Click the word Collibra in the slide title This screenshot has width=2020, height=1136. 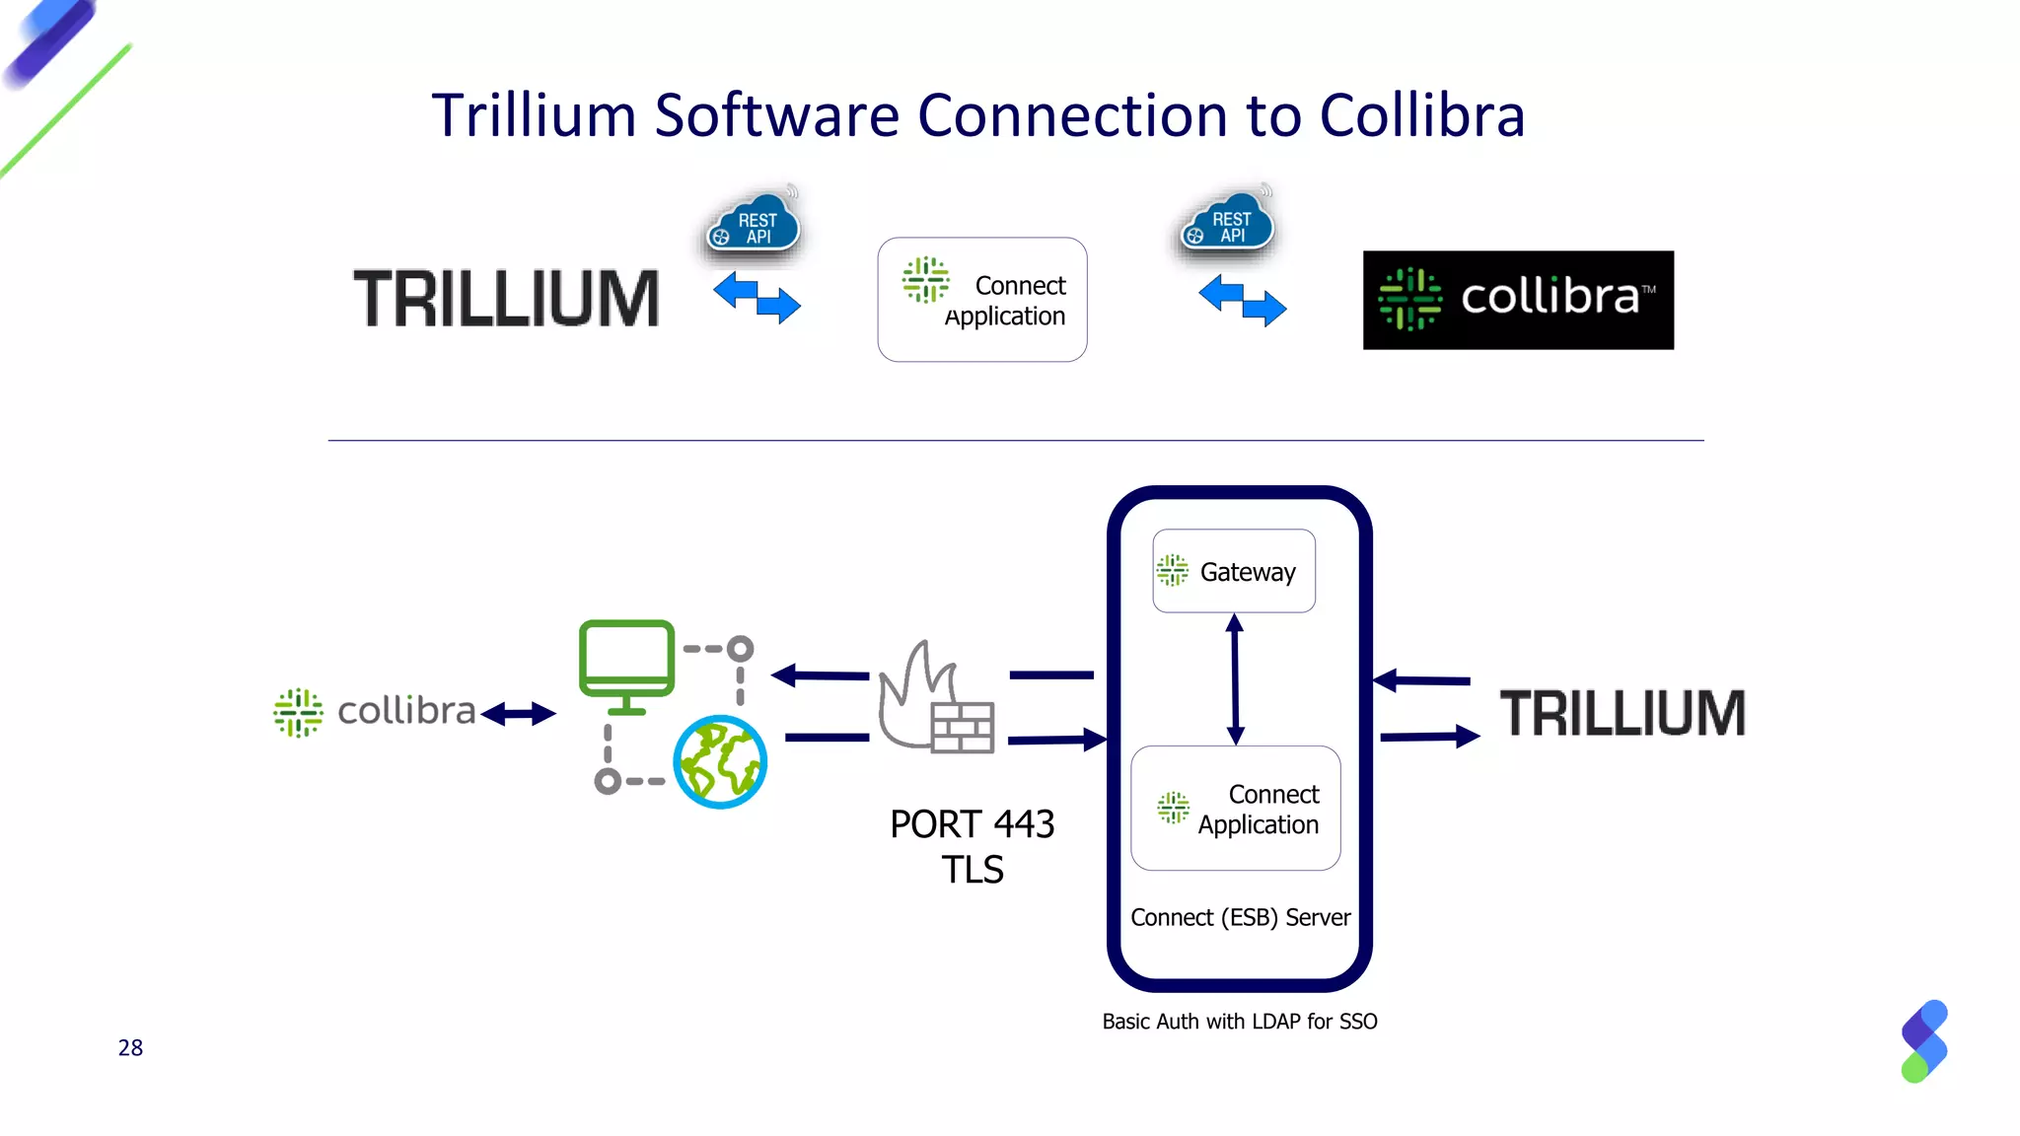click(x=1421, y=115)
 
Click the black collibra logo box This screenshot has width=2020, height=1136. click(x=1517, y=300)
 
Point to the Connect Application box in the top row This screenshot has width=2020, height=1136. click(x=982, y=300)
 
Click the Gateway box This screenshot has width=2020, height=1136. click(x=1233, y=571)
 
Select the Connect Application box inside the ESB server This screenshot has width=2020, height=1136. click(x=1235, y=809)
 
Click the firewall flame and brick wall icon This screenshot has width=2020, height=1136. click(x=936, y=702)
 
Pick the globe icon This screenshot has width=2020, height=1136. click(x=720, y=762)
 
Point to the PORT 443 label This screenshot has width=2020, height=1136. click(x=972, y=824)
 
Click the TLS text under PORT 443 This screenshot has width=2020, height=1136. click(x=972, y=870)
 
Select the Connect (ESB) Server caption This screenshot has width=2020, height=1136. click(x=1240, y=918)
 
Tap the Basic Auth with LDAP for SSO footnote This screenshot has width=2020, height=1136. click(x=1239, y=1022)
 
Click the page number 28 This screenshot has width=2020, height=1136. click(x=130, y=1048)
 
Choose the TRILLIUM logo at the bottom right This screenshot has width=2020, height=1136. click(x=1623, y=713)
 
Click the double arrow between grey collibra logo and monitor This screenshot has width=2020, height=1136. click(x=519, y=714)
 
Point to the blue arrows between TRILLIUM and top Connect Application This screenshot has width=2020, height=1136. click(x=757, y=298)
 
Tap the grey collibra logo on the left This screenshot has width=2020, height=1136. click(x=375, y=712)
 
